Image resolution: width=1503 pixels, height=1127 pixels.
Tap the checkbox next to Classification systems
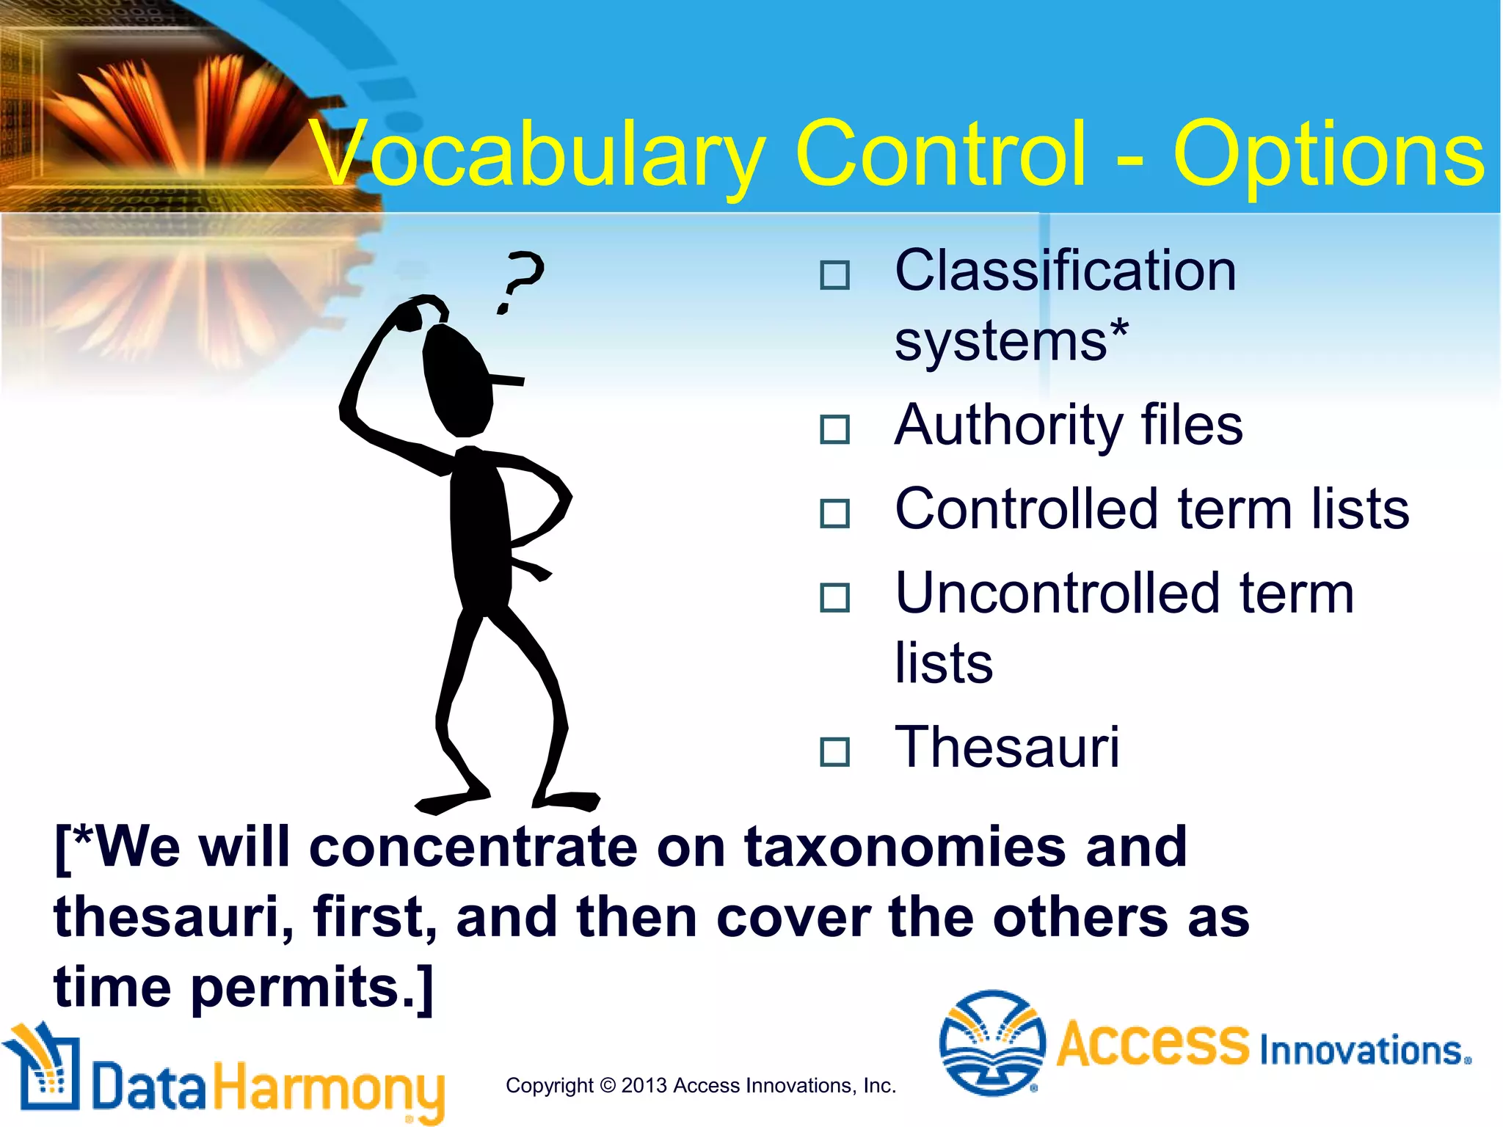[x=834, y=276]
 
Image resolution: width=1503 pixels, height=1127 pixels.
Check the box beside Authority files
[x=834, y=430]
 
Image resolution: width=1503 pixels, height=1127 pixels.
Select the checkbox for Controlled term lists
[x=834, y=514]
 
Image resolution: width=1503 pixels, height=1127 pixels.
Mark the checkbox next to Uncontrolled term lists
[x=834, y=598]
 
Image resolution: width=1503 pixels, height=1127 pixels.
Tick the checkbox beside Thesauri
[x=834, y=752]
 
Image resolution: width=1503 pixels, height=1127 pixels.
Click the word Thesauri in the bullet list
[x=1007, y=747]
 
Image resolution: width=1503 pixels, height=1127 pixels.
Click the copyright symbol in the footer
[x=607, y=1085]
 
